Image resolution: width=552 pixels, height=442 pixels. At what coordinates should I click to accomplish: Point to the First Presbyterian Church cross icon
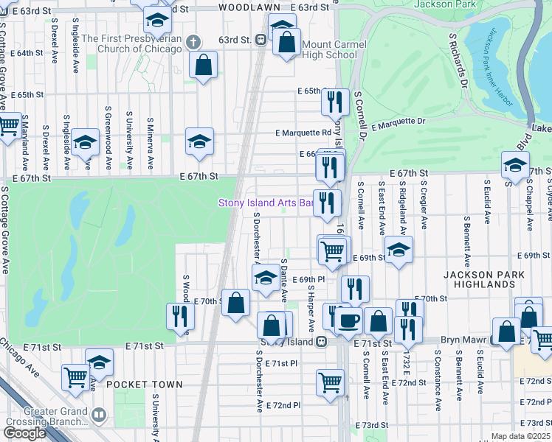pyautogui.click(x=194, y=41)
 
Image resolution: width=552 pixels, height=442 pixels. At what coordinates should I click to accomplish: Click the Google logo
pyautogui.click(x=24, y=432)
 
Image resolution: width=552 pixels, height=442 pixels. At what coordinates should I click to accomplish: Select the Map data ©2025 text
pyautogui.click(x=521, y=436)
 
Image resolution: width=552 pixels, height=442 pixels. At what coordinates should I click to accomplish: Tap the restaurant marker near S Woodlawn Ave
pyautogui.click(x=179, y=315)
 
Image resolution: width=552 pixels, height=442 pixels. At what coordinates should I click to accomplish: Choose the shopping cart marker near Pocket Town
pyautogui.click(x=76, y=376)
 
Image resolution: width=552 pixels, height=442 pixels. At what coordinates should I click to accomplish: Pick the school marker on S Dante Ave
pyautogui.click(x=266, y=278)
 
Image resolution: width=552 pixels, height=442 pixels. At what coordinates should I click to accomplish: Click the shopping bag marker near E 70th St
pyautogui.click(x=235, y=302)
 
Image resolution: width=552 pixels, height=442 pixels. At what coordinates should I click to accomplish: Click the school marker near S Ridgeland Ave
pyautogui.click(x=399, y=250)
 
